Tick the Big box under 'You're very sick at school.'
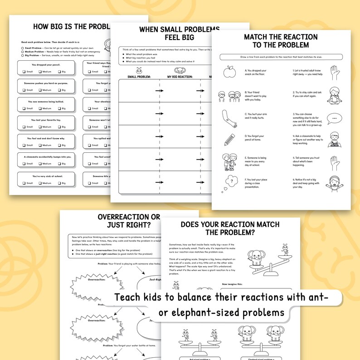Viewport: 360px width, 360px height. point(59,183)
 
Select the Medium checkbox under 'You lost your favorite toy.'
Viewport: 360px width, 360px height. point(41,127)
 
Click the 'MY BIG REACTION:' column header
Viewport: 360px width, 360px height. point(180,77)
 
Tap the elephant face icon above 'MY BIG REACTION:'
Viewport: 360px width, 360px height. point(180,71)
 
